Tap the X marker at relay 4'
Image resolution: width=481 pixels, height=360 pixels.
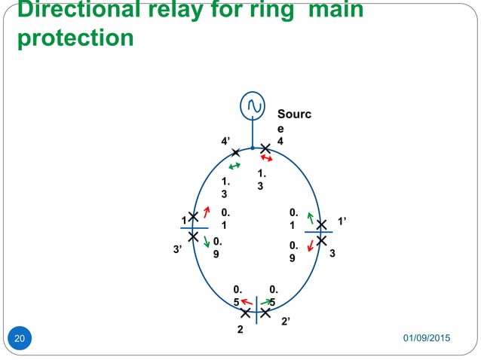235,153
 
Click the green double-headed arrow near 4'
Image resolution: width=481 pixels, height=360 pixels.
234,165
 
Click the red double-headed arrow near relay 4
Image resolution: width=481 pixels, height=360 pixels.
266,159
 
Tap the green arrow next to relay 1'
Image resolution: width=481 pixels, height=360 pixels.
309,218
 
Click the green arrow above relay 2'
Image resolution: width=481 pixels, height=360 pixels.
268,303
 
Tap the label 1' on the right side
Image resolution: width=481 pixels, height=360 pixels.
342,222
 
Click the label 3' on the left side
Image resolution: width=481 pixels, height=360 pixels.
179,246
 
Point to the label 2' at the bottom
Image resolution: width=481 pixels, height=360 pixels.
286,322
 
